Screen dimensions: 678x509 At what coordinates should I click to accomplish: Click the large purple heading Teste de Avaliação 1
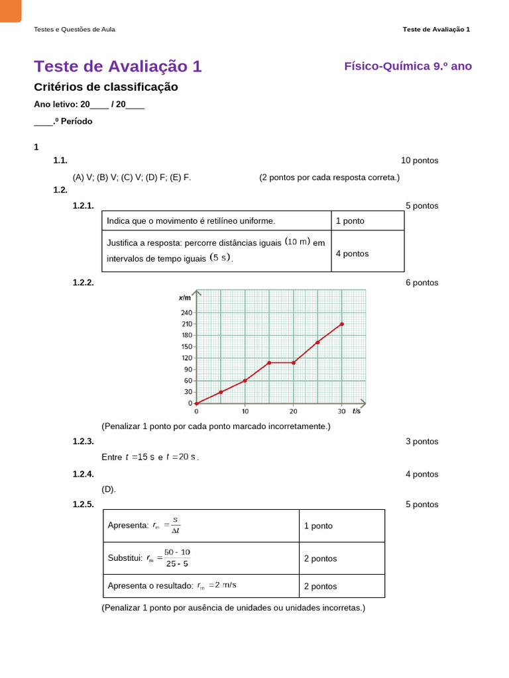tap(117, 66)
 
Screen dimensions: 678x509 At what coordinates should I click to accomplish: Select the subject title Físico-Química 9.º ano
tap(408, 66)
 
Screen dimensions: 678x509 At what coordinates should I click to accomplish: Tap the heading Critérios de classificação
tap(105, 87)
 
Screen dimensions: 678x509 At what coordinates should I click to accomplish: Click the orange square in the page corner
tap(10, 10)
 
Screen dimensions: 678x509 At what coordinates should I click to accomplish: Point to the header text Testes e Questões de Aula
tap(74, 29)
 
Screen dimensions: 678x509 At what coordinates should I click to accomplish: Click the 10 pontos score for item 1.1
tap(420, 160)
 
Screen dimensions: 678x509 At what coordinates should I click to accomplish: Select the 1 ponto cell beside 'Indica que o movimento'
tap(350, 221)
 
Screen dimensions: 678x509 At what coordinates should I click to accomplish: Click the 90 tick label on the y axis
tap(188, 369)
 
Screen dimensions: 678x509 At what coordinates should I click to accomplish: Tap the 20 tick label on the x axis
tap(293, 411)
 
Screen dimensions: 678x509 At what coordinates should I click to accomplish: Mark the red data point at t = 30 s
tap(342, 324)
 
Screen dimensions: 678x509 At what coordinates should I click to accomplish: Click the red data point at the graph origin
tap(196, 403)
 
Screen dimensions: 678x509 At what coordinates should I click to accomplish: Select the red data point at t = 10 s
tap(245, 381)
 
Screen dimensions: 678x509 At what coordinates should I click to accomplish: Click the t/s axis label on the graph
tap(357, 411)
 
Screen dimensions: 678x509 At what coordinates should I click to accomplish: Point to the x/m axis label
tap(184, 297)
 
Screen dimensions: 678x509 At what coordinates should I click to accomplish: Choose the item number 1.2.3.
tap(83, 441)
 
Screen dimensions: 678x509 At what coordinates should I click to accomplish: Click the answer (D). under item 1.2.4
tap(109, 489)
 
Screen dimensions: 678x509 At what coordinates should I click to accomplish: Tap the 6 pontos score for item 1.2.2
tap(422, 283)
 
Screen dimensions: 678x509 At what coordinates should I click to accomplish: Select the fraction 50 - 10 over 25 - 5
tap(177, 558)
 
